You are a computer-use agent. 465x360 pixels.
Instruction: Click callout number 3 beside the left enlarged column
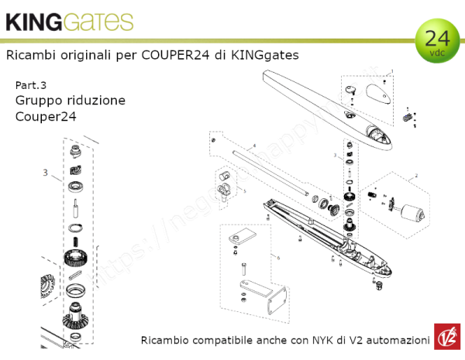pos(46,172)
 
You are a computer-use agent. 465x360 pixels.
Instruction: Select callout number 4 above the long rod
pos(253,146)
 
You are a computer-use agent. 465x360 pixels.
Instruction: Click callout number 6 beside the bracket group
pos(276,255)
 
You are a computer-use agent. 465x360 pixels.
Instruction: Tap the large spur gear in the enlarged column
pos(77,257)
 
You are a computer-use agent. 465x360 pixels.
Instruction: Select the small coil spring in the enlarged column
pos(77,227)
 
